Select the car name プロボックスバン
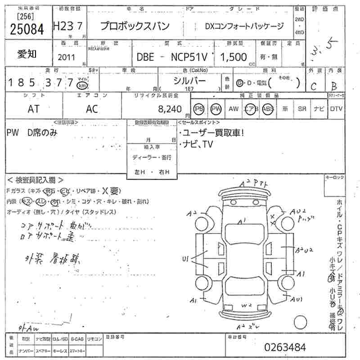pyautogui.click(x=135, y=26)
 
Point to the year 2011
pyautogui.click(x=67, y=57)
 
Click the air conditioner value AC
pyautogui.click(x=92, y=108)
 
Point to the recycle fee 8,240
pyautogui.click(x=170, y=109)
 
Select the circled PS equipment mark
pyautogui.click(x=198, y=108)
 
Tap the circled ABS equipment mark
pyautogui.click(x=268, y=108)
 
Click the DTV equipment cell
pyautogui.click(x=336, y=108)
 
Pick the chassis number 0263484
pyautogui.click(x=286, y=347)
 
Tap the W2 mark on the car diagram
pyautogui.click(x=246, y=305)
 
